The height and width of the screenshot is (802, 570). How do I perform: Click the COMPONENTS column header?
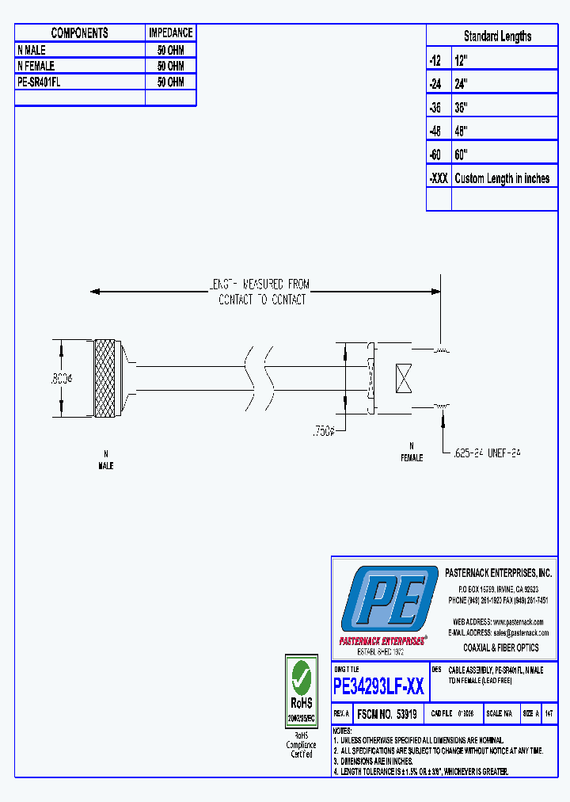79,33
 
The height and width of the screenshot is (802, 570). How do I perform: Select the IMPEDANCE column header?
170,33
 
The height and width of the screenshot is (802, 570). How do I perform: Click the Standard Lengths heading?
497,36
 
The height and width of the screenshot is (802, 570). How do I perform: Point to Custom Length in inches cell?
502,178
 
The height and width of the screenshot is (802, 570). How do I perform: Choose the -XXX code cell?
439,178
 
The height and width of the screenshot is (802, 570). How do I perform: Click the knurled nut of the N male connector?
104,379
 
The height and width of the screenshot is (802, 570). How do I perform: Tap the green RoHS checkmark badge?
301,680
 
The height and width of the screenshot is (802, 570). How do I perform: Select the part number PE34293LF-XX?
378,686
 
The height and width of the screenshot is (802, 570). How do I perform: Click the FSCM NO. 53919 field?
387,714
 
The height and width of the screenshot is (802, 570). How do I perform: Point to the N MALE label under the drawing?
105,460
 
